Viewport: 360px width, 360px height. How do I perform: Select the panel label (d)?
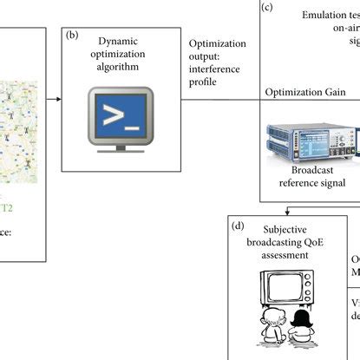pyautogui.click(x=236, y=226)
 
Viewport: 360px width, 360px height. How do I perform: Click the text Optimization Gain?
pyautogui.click(x=305, y=91)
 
